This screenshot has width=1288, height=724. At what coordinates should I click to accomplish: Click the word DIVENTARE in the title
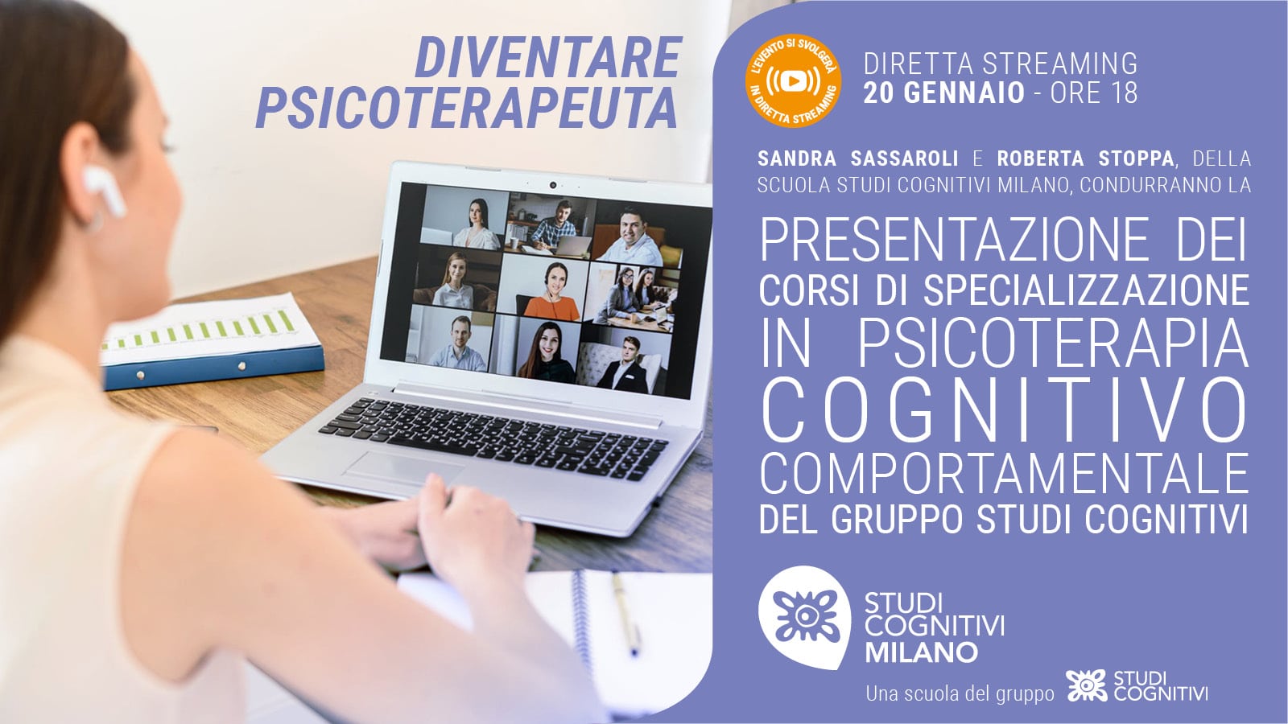point(548,57)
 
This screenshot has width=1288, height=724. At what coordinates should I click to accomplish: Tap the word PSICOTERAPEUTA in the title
point(466,108)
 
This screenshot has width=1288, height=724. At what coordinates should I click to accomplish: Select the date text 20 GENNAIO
point(944,93)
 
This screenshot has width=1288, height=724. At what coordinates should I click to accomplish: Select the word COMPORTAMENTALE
point(1004,474)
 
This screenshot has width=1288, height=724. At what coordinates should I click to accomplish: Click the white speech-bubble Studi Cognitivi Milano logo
point(804,617)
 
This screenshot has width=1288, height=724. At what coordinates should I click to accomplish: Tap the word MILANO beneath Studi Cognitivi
point(921,652)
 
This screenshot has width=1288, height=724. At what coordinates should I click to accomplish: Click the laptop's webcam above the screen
point(552,185)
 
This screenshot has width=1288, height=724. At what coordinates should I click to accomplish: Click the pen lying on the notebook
point(625,613)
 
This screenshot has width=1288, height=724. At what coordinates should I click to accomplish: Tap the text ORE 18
point(1094,93)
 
